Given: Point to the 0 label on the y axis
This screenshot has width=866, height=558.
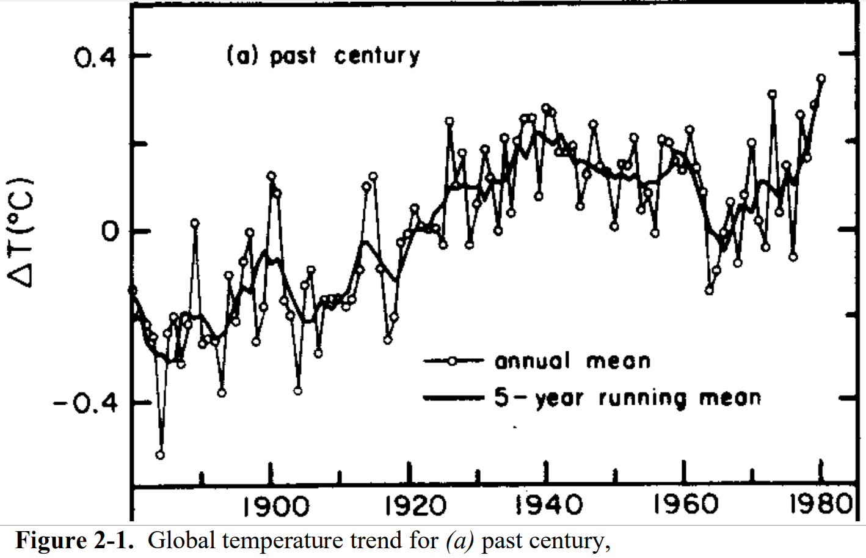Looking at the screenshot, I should (x=110, y=231).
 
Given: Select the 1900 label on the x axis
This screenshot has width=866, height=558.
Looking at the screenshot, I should (x=276, y=506).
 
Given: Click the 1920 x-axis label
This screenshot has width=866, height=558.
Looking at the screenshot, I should (x=415, y=506).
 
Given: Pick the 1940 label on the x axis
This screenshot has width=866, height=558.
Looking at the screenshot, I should (x=549, y=506).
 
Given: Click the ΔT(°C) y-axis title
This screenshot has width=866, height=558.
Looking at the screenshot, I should (x=20, y=232).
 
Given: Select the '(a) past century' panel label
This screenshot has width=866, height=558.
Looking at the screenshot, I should (x=323, y=56).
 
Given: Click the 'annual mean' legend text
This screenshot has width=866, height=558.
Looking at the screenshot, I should (x=572, y=361).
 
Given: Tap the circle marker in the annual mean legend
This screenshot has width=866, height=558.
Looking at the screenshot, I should (x=452, y=361).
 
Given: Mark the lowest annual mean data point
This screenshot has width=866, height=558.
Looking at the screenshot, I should (x=160, y=455).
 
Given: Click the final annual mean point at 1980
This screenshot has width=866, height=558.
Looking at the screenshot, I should (x=821, y=78).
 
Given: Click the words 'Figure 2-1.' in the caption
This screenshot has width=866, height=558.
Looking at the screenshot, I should (x=74, y=541).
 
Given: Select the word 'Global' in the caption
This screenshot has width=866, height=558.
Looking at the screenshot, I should (x=181, y=541).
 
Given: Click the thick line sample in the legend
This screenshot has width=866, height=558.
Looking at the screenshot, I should (x=454, y=398).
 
